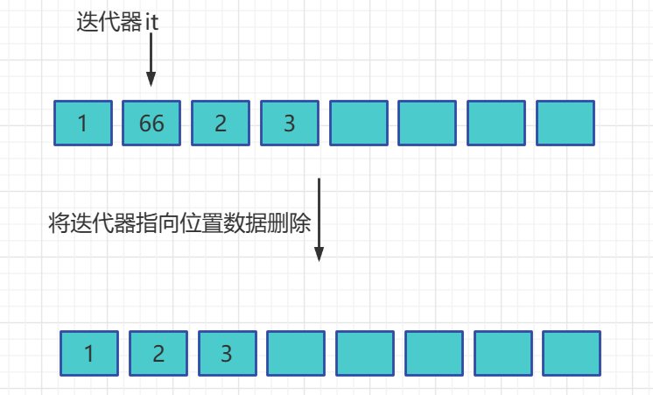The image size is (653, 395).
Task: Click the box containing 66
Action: coord(151,123)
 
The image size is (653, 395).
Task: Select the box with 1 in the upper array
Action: coord(83,123)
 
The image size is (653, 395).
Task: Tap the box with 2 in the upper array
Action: coord(221,123)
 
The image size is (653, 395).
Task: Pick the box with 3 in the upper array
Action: coord(290,123)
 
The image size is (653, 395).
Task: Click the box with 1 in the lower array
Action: coord(89,353)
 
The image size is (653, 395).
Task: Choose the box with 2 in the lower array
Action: coord(158,353)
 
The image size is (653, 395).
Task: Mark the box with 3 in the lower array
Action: coord(227,353)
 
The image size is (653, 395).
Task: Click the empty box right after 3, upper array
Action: coord(358,123)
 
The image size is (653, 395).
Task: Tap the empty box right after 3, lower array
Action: coord(295,353)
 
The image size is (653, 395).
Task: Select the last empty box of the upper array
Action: coord(565,123)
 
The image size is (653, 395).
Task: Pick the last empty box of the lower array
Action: coord(572,353)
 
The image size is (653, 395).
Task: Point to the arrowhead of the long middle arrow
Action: coord(319,253)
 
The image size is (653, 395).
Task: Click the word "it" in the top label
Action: coord(151,23)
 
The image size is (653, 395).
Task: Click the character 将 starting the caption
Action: coord(59,223)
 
